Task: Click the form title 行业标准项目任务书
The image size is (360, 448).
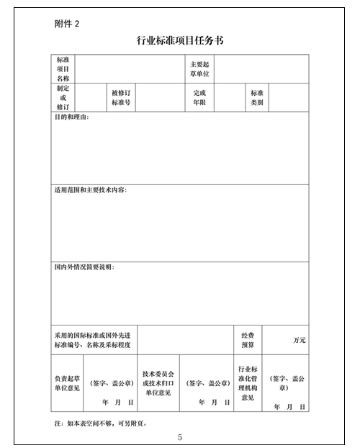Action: (179, 40)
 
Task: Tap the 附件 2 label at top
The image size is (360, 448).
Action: (67, 23)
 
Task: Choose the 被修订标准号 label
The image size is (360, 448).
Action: (120, 97)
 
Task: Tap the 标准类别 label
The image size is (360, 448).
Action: (257, 97)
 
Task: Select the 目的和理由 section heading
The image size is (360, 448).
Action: (71, 117)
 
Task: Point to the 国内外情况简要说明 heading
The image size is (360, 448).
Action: (84, 267)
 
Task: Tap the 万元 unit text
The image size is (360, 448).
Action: (299, 340)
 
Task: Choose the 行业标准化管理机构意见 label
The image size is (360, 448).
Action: (248, 383)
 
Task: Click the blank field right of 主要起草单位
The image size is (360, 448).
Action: (261, 69)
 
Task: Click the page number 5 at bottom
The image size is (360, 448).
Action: (180, 437)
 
